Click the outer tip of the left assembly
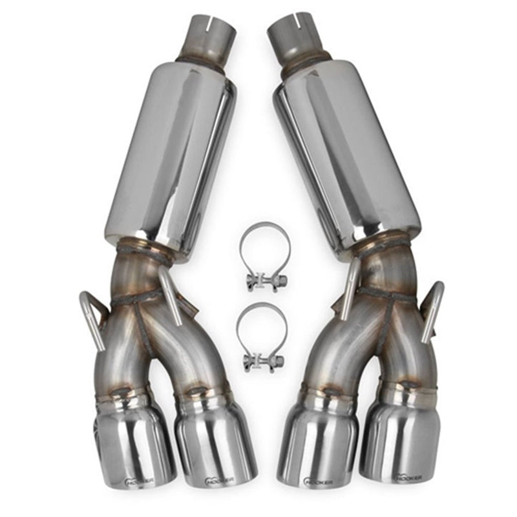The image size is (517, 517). [132, 446]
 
